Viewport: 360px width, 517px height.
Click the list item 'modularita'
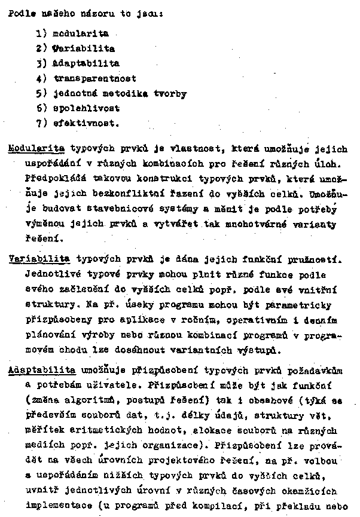81,33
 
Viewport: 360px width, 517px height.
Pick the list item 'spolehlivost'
86,108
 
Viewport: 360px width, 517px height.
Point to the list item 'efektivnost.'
86,124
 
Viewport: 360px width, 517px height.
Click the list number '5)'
41,94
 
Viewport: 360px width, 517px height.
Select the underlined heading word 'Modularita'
37,149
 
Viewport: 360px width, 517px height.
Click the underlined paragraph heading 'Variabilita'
39,260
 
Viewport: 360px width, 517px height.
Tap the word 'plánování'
50,336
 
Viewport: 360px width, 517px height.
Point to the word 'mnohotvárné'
272,224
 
